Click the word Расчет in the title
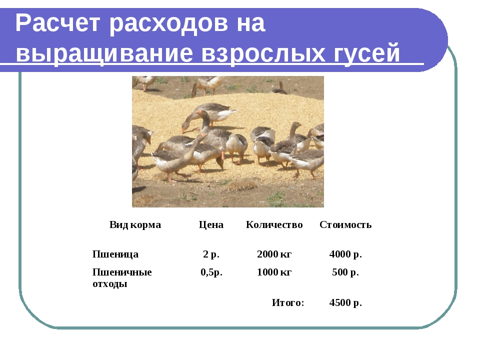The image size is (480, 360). [57, 23]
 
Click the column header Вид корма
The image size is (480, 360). [135, 224]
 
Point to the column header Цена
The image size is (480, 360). [211, 224]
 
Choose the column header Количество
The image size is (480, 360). [274, 224]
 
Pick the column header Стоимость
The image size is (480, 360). [345, 224]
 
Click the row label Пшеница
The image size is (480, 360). [115, 254]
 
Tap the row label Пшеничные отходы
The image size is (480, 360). [122, 277]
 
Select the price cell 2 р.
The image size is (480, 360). [211, 254]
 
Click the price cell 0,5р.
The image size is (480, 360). [211, 272]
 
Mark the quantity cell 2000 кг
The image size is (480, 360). [274, 254]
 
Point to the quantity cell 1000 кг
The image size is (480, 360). [274, 272]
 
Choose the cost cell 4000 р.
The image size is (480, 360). [345, 254]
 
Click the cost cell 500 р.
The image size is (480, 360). [345, 272]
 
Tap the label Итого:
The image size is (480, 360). [288, 302]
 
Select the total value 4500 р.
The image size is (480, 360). [345, 302]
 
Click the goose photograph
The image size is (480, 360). [228, 141]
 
